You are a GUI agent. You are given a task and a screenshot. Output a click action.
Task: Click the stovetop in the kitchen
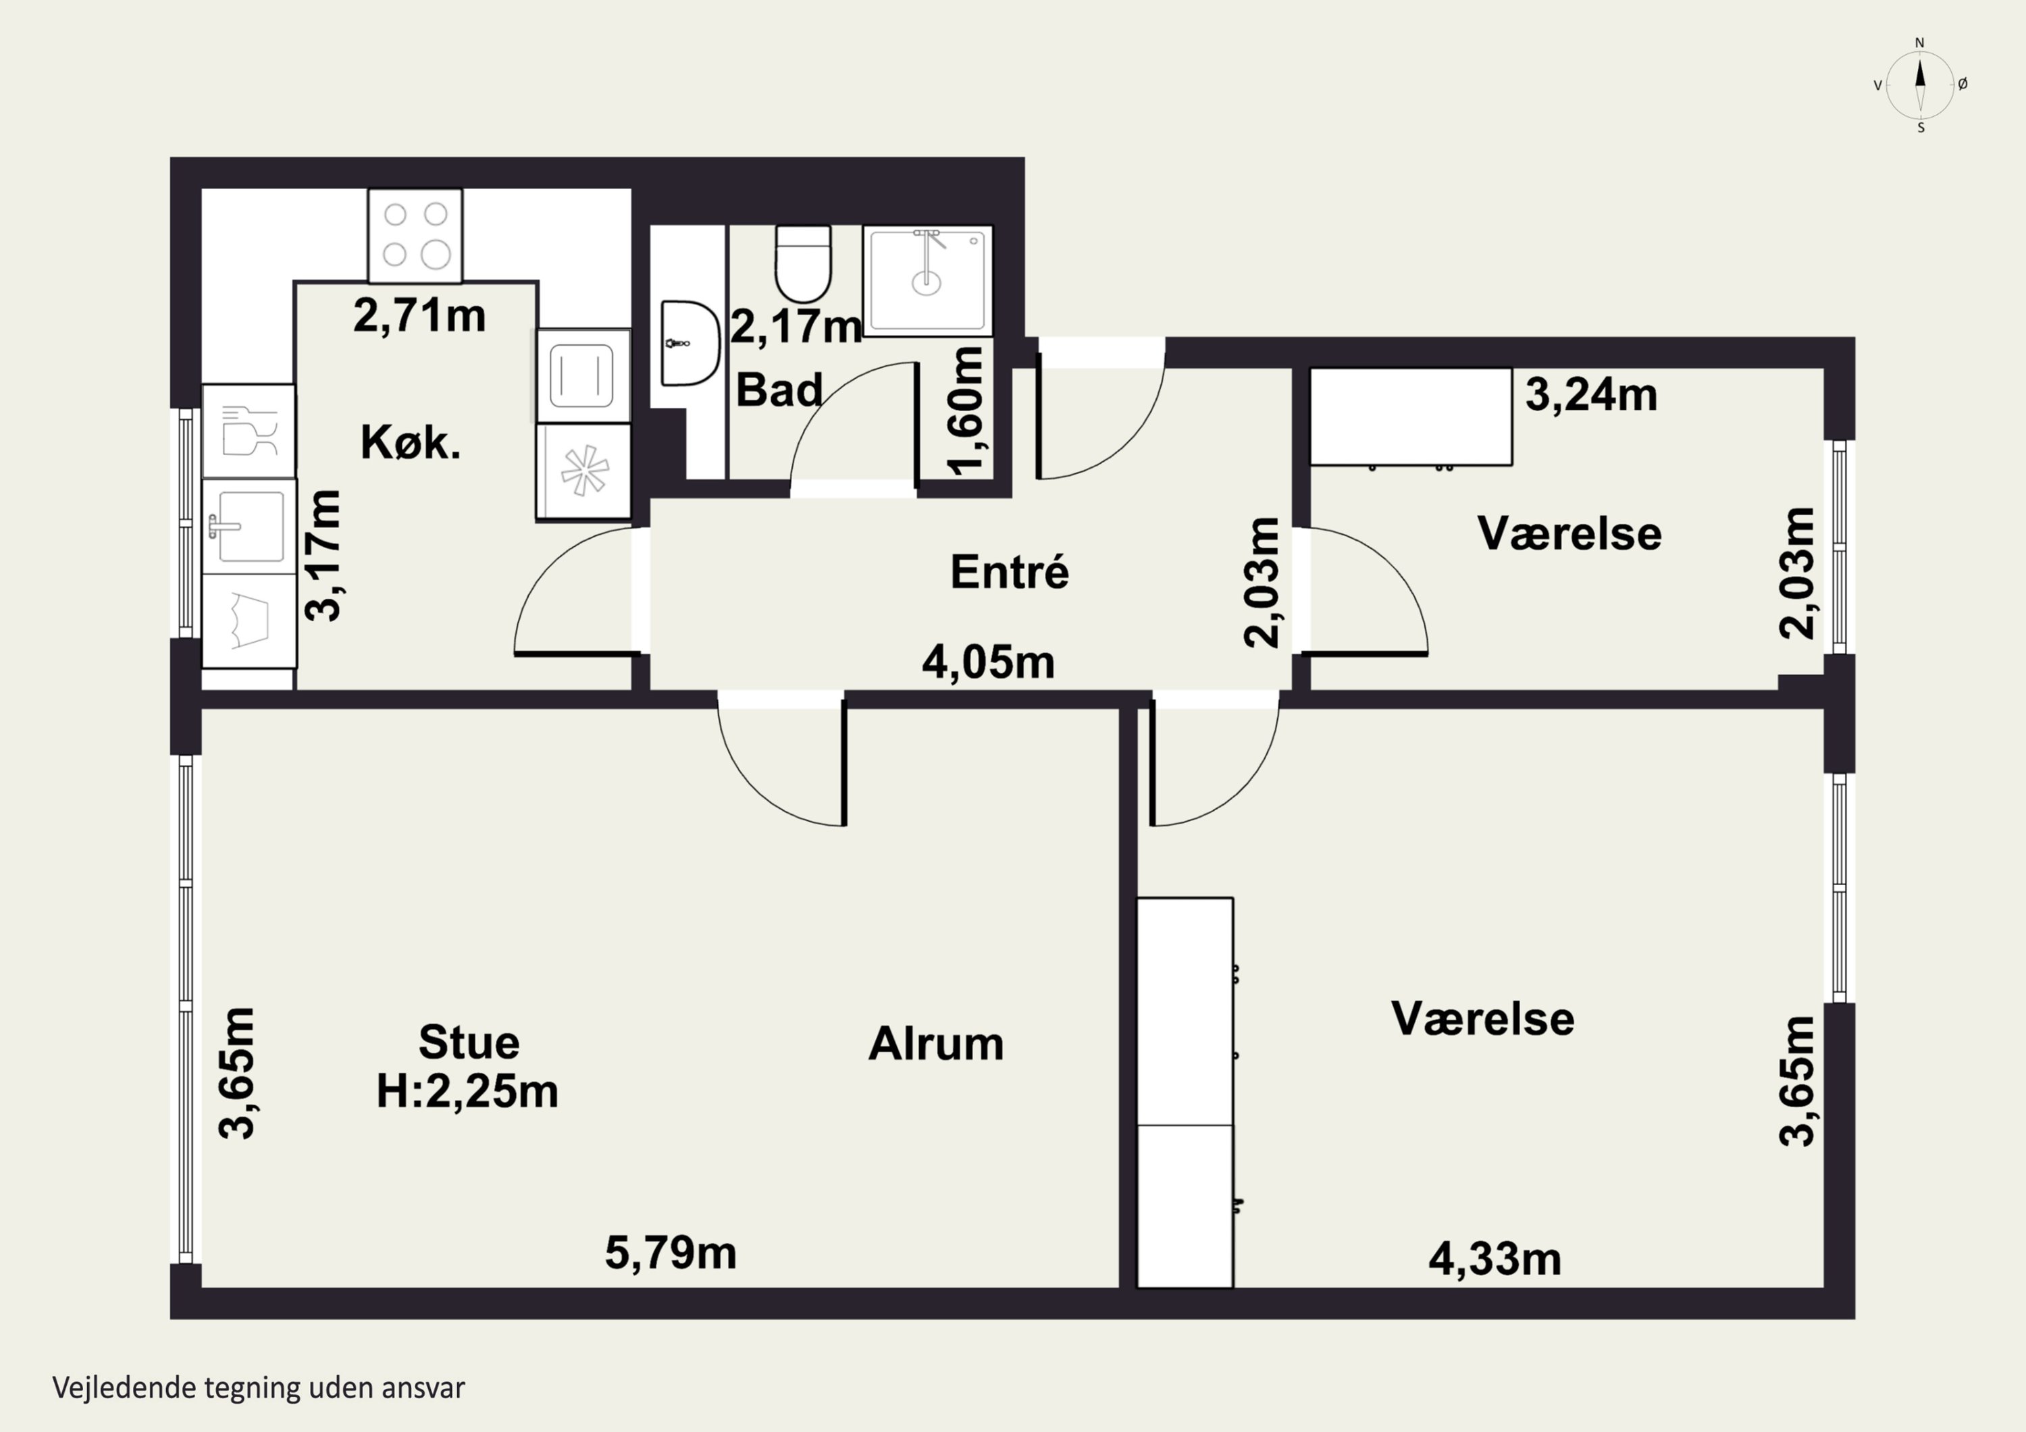415,236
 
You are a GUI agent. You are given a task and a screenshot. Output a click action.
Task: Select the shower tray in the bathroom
927,281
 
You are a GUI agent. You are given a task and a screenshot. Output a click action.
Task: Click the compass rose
1920,84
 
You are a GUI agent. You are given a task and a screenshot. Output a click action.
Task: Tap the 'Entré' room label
1010,572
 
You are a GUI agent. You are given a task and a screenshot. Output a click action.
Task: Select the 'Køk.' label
411,442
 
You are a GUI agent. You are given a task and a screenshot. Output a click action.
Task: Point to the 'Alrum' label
936,1044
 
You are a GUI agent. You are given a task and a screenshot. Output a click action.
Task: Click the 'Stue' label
469,1042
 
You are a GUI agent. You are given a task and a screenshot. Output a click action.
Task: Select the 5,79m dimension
671,1253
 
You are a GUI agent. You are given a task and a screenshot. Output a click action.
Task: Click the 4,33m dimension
1495,1259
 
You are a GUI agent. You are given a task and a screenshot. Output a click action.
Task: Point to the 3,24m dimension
1591,394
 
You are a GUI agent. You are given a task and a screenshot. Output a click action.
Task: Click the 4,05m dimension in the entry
988,662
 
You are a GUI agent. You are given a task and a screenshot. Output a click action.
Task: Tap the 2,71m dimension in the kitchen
419,315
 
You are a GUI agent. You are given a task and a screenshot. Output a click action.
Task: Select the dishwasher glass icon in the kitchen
249,431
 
